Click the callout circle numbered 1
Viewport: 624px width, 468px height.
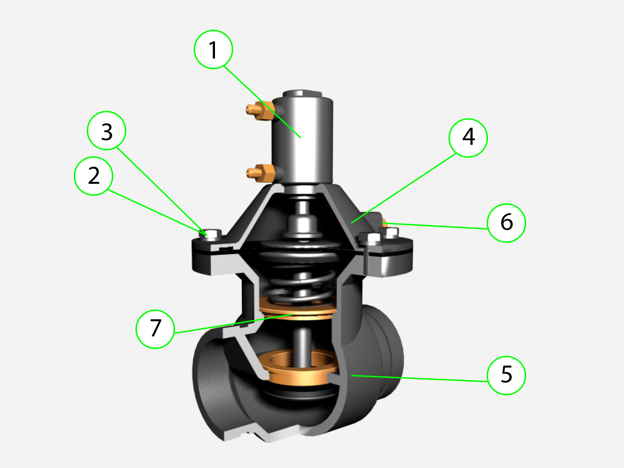[214, 50]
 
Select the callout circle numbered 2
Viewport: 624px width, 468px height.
[94, 175]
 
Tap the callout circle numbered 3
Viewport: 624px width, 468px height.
[107, 132]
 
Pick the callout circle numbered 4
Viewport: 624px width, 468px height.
[468, 137]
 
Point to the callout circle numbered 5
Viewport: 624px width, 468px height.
[507, 375]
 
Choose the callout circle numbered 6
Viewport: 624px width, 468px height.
[507, 223]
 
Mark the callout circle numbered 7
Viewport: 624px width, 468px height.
[155, 329]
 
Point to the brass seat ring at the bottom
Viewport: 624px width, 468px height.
[298, 370]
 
